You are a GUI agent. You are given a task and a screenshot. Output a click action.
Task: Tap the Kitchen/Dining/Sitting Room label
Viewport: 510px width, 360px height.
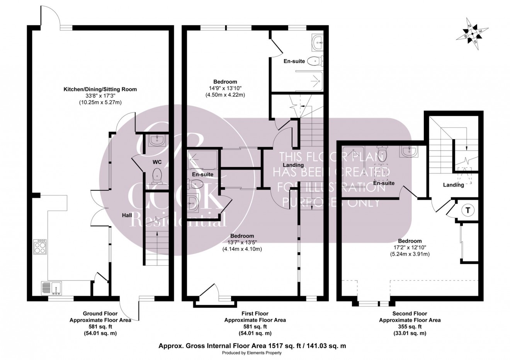[x=100, y=89]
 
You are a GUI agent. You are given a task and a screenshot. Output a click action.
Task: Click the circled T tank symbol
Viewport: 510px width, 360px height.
[x=468, y=211]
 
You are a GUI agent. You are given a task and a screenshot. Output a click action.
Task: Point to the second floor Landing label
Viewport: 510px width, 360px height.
[x=453, y=185]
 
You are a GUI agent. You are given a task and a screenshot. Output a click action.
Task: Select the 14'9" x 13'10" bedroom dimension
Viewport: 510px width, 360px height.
[x=225, y=88]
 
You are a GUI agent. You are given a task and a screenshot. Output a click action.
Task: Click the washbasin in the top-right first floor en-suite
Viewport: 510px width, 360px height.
[x=318, y=42]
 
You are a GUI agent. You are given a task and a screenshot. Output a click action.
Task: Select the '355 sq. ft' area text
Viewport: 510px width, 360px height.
[x=410, y=326]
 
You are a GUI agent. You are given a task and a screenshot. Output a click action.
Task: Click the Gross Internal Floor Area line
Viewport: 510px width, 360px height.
[x=252, y=346]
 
